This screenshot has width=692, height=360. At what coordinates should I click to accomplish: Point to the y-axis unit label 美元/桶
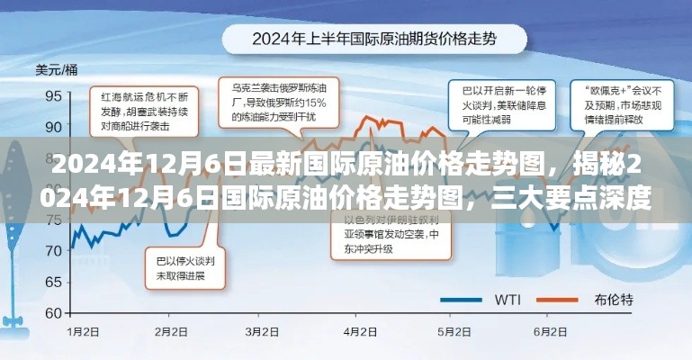click(56, 69)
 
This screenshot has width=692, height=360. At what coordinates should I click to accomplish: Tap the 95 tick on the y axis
click(52, 94)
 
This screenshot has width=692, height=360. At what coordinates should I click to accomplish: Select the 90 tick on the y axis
click(52, 125)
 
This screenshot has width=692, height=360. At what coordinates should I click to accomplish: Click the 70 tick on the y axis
click(52, 249)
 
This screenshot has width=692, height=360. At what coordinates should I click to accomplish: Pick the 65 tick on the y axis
click(52, 281)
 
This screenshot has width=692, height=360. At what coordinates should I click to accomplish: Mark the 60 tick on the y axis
click(52, 312)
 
